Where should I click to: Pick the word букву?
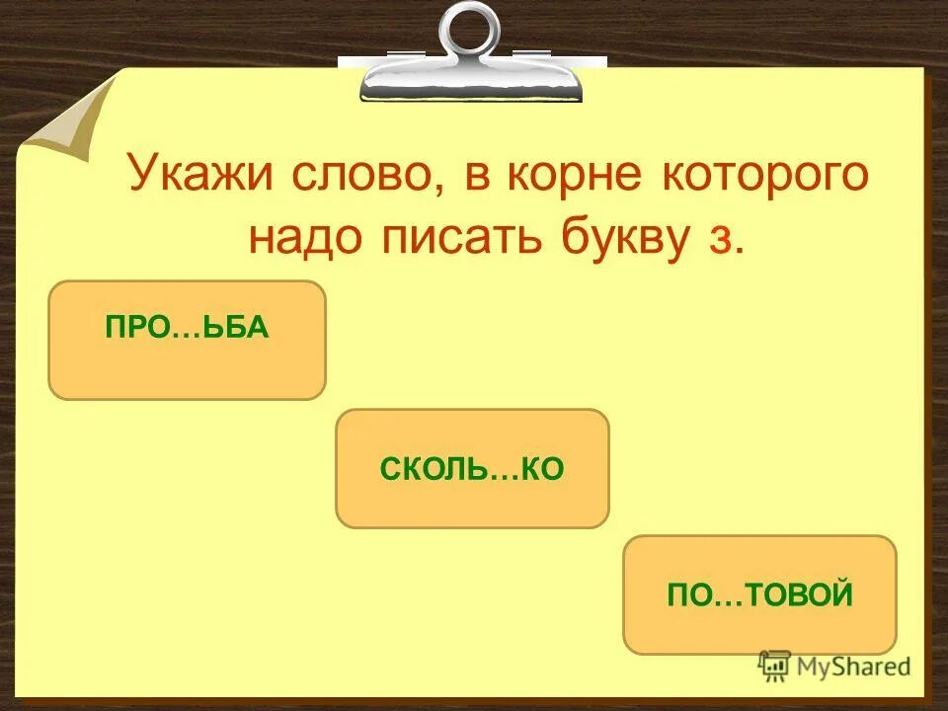coord(612,240)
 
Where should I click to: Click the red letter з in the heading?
coord(718,243)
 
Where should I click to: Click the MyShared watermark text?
coord(854,667)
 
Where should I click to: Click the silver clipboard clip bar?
coord(471,79)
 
